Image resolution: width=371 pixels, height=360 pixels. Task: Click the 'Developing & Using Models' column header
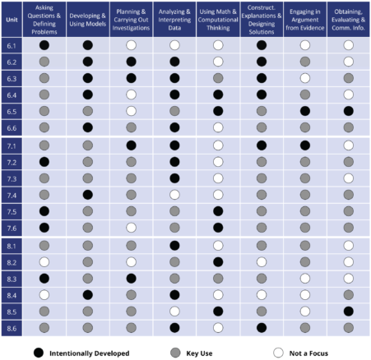click(x=88, y=18)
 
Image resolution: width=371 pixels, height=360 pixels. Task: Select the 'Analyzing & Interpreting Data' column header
click(x=174, y=18)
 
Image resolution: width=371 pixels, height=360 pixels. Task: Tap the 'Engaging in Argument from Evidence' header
click(x=305, y=18)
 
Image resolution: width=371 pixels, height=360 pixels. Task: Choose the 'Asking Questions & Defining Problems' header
click(x=44, y=18)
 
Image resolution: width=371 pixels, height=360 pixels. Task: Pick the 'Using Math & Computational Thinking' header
click(x=218, y=18)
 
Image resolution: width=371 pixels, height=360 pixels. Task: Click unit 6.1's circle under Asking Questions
click(x=44, y=46)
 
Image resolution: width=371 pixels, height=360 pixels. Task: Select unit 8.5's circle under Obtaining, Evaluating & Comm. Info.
click(x=349, y=311)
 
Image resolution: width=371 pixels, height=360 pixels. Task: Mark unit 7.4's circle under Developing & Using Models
click(x=88, y=194)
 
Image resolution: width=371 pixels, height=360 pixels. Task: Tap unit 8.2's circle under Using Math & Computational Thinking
click(x=218, y=261)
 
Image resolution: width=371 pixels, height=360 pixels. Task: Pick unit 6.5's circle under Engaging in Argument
click(x=305, y=110)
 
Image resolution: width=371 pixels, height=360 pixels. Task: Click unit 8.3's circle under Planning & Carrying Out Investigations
click(x=132, y=278)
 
